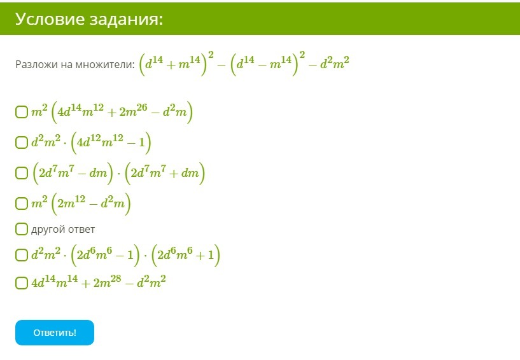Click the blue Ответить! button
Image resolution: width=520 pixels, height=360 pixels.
click(55, 333)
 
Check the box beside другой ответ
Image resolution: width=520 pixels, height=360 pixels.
click(22, 229)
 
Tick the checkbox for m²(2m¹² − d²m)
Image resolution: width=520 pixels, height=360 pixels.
click(22, 203)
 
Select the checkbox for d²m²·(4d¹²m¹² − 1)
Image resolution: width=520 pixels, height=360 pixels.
click(22, 142)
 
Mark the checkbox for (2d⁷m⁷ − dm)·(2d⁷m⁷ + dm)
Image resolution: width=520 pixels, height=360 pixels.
click(22, 173)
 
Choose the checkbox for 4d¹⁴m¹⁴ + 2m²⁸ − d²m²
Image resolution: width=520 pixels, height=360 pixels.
click(22, 283)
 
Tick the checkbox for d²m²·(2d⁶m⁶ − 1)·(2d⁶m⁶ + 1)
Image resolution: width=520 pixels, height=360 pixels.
click(22, 255)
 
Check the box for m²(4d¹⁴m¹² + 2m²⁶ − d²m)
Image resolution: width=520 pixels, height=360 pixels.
click(22, 112)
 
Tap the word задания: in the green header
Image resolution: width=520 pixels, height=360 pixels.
click(127, 20)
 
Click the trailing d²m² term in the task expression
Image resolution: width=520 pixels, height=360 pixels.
click(334, 62)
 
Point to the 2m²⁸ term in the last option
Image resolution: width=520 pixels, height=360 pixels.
click(107, 281)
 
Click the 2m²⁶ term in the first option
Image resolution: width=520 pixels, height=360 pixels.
click(133, 111)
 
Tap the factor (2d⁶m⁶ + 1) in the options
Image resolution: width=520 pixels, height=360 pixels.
click(186, 255)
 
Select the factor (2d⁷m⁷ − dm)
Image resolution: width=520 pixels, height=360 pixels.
click(73, 173)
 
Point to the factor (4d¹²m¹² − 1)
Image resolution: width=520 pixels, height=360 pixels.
click(111, 142)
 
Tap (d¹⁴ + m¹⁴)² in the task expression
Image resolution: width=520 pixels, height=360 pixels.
click(176, 63)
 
